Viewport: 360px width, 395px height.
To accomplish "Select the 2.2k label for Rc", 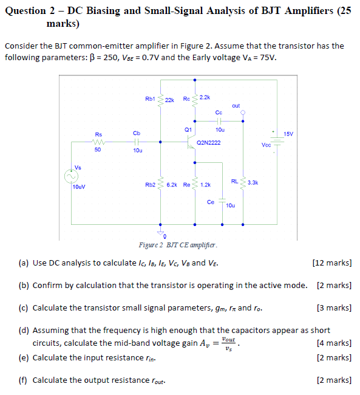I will (204, 97).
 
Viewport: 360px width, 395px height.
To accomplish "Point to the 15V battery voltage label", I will (288, 134).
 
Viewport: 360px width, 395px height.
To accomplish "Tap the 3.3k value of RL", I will (253, 182).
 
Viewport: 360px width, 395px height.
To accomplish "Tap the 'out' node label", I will (236, 106).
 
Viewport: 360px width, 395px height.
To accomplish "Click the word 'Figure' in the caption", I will (149, 245).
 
